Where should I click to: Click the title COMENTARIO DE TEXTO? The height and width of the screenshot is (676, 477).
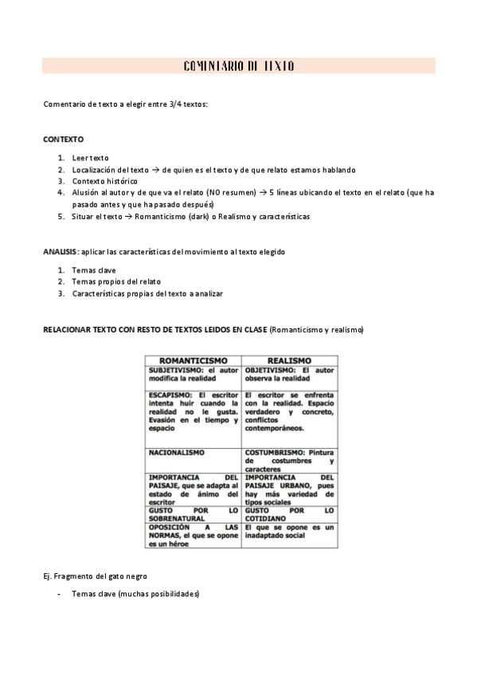pos(238,66)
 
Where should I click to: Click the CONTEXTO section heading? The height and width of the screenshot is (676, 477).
pos(63,140)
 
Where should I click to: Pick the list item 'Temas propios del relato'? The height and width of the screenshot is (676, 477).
pos(116,282)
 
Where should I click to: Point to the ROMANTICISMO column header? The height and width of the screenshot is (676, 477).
pos(194,360)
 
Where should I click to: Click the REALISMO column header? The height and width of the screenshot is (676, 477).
pos(289,360)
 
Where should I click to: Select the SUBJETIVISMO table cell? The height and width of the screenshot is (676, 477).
pos(194,375)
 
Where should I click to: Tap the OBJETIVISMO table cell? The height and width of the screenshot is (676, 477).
pos(289,375)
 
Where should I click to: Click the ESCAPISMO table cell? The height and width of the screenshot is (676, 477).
pos(194,411)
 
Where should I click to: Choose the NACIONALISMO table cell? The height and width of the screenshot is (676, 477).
pos(177,452)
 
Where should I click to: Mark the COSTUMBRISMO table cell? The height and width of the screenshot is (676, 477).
pos(289,461)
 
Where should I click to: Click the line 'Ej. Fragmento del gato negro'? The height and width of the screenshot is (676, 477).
pos(95,576)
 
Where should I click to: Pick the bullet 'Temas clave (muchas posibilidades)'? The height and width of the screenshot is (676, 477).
pos(135,594)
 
